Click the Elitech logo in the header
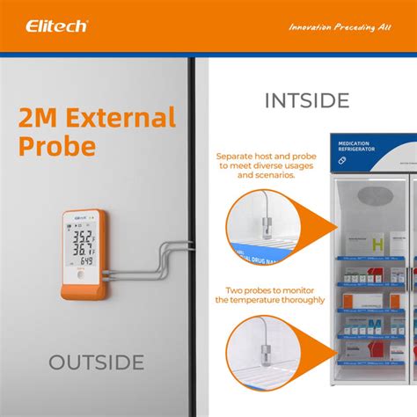pyautogui.click(x=56, y=26)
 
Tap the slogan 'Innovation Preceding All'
pyautogui.click(x=339, y=26)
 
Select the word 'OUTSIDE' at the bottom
pyautogui.click(x=96, y=362)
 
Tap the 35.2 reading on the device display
pyautogui.click(x=84, y=235)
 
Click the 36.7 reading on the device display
pyautogui.click(x=84, y=250)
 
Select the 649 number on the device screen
pyautogui.click(x=88, y=261)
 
